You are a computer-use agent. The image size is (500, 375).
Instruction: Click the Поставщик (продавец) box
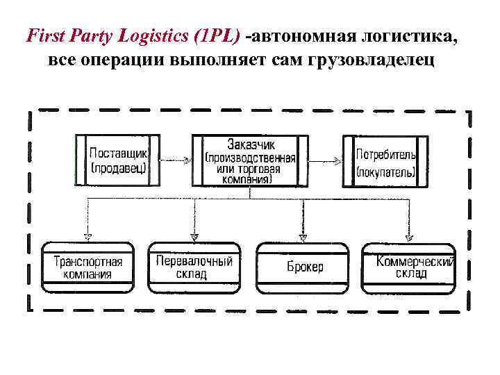coord(117,160)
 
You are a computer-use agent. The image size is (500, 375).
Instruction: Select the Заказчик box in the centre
coord(250,160)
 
